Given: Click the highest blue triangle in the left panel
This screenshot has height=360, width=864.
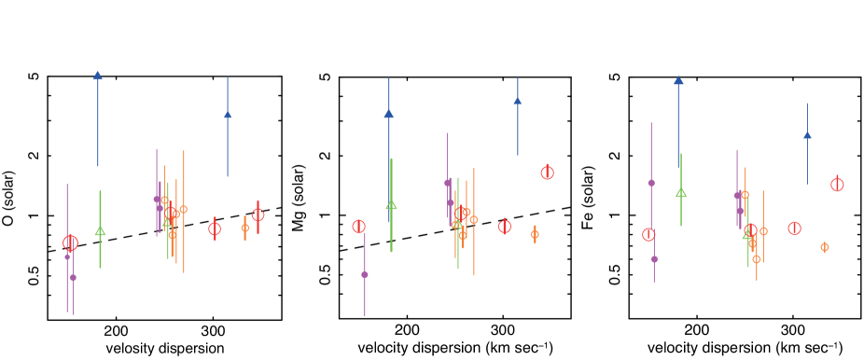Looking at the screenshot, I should click(x=97, y=76).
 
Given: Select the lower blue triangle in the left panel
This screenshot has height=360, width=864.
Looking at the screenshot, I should click(x=228, y=115).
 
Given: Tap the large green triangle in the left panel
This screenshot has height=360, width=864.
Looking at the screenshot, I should click(x=100, y=230).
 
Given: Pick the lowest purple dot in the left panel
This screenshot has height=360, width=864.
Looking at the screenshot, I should click(x=73, y=277).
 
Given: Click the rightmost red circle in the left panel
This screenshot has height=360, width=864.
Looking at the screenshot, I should click(x=258, y=215).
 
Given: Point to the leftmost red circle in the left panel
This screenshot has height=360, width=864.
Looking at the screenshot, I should click(x=70, y=242).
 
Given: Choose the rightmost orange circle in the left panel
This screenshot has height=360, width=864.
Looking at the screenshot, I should click(x=245, y=227).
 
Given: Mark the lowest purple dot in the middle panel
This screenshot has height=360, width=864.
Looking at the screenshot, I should click(x=365, y=274).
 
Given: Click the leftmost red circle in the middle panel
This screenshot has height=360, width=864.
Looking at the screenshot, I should click(x=358, y=226).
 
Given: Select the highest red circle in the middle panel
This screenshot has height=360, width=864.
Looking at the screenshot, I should click(x=547, y=173).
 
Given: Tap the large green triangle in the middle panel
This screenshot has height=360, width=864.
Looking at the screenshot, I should click(x=392, y=205).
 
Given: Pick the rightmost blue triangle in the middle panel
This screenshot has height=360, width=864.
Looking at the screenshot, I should click(x=517, y=101).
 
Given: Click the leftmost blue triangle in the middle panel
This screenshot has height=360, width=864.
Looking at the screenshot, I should click(x=389, y=114).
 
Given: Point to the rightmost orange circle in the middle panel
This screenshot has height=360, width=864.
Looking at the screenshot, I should click(x=535, y=234).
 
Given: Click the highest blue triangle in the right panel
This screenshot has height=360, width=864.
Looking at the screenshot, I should click(x=678, y=81).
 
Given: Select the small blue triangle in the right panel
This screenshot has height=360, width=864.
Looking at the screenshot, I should click(x=807, y=135).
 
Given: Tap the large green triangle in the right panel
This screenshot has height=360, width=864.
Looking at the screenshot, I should click(x=681, y=193).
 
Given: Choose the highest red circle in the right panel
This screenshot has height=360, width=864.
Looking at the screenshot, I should click(x=837, y=184).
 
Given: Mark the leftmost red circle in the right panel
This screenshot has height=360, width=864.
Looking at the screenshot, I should click(x=648, y=234).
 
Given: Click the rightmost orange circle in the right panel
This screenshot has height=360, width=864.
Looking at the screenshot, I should click(x=824, y=247).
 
